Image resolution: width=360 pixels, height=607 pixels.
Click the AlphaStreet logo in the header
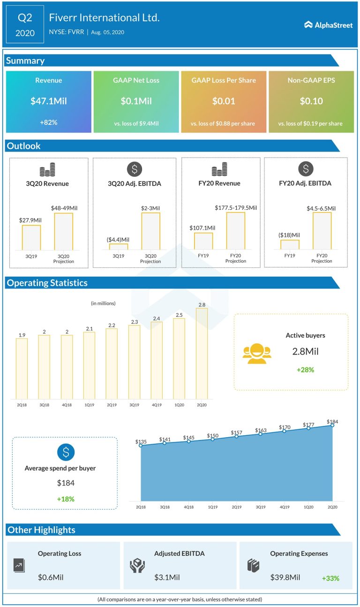tap(328, 25)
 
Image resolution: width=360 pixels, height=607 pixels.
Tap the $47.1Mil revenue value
tap(49, 101)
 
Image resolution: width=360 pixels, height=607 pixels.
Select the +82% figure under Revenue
tap(49, 122)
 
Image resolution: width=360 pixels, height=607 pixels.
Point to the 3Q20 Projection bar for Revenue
tap(63, 232)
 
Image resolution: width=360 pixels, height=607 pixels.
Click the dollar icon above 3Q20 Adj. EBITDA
tap(135, 169)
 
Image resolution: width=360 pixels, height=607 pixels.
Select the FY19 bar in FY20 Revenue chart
tap(203, 241)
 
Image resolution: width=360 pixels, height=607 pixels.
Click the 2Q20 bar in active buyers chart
tap(202, 354)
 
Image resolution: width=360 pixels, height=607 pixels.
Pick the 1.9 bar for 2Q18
tap(22, 369)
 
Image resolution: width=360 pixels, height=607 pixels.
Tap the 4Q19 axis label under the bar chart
tap(157, 404)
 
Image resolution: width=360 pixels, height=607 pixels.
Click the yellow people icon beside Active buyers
tap(257, 354)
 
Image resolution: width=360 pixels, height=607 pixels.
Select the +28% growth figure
tap(305, 370)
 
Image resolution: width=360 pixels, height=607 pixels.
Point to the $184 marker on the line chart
tap(332, 425)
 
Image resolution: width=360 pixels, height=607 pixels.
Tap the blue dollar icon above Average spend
tap(66, 452)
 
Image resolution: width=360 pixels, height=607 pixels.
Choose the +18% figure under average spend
tap(66, 499)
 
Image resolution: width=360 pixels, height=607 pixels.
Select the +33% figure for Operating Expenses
tap(330, 578)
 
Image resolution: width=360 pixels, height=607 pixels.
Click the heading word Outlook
tap(23, 146)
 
